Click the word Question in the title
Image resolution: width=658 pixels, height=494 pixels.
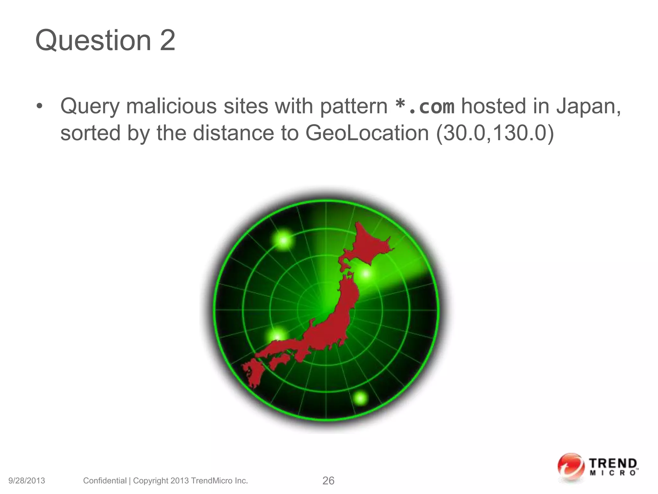pyautogui.click(x=93, y=41)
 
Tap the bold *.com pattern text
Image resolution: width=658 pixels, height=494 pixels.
pyautogui.click(x=424, y=107)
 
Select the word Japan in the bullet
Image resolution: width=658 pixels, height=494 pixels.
pyautogui.click(x=588, y=106)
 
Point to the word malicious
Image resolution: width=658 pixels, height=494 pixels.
pyautogui.click(x=172, y=106)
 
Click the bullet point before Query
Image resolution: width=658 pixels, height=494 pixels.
pyautogui.click(x=39, y=106)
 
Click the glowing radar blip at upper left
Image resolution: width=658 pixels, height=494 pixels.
pyautogui.click(x=284, y=240)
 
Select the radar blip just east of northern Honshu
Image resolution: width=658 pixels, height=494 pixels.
pyautogui.click(x=366, y=274)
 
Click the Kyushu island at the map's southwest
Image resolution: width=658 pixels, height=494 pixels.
pyautogui.click(x=252, y=373)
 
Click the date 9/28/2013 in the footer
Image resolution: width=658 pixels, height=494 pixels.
pyautogui.click(x=27, y=481)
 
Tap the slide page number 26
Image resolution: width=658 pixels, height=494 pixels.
pyautogui.click(x=328, y=481)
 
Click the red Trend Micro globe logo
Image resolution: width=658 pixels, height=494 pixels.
pyautogui.click(x=571, y=467)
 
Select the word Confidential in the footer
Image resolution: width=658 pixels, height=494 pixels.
pyautogui.click(x=105, y=481)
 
